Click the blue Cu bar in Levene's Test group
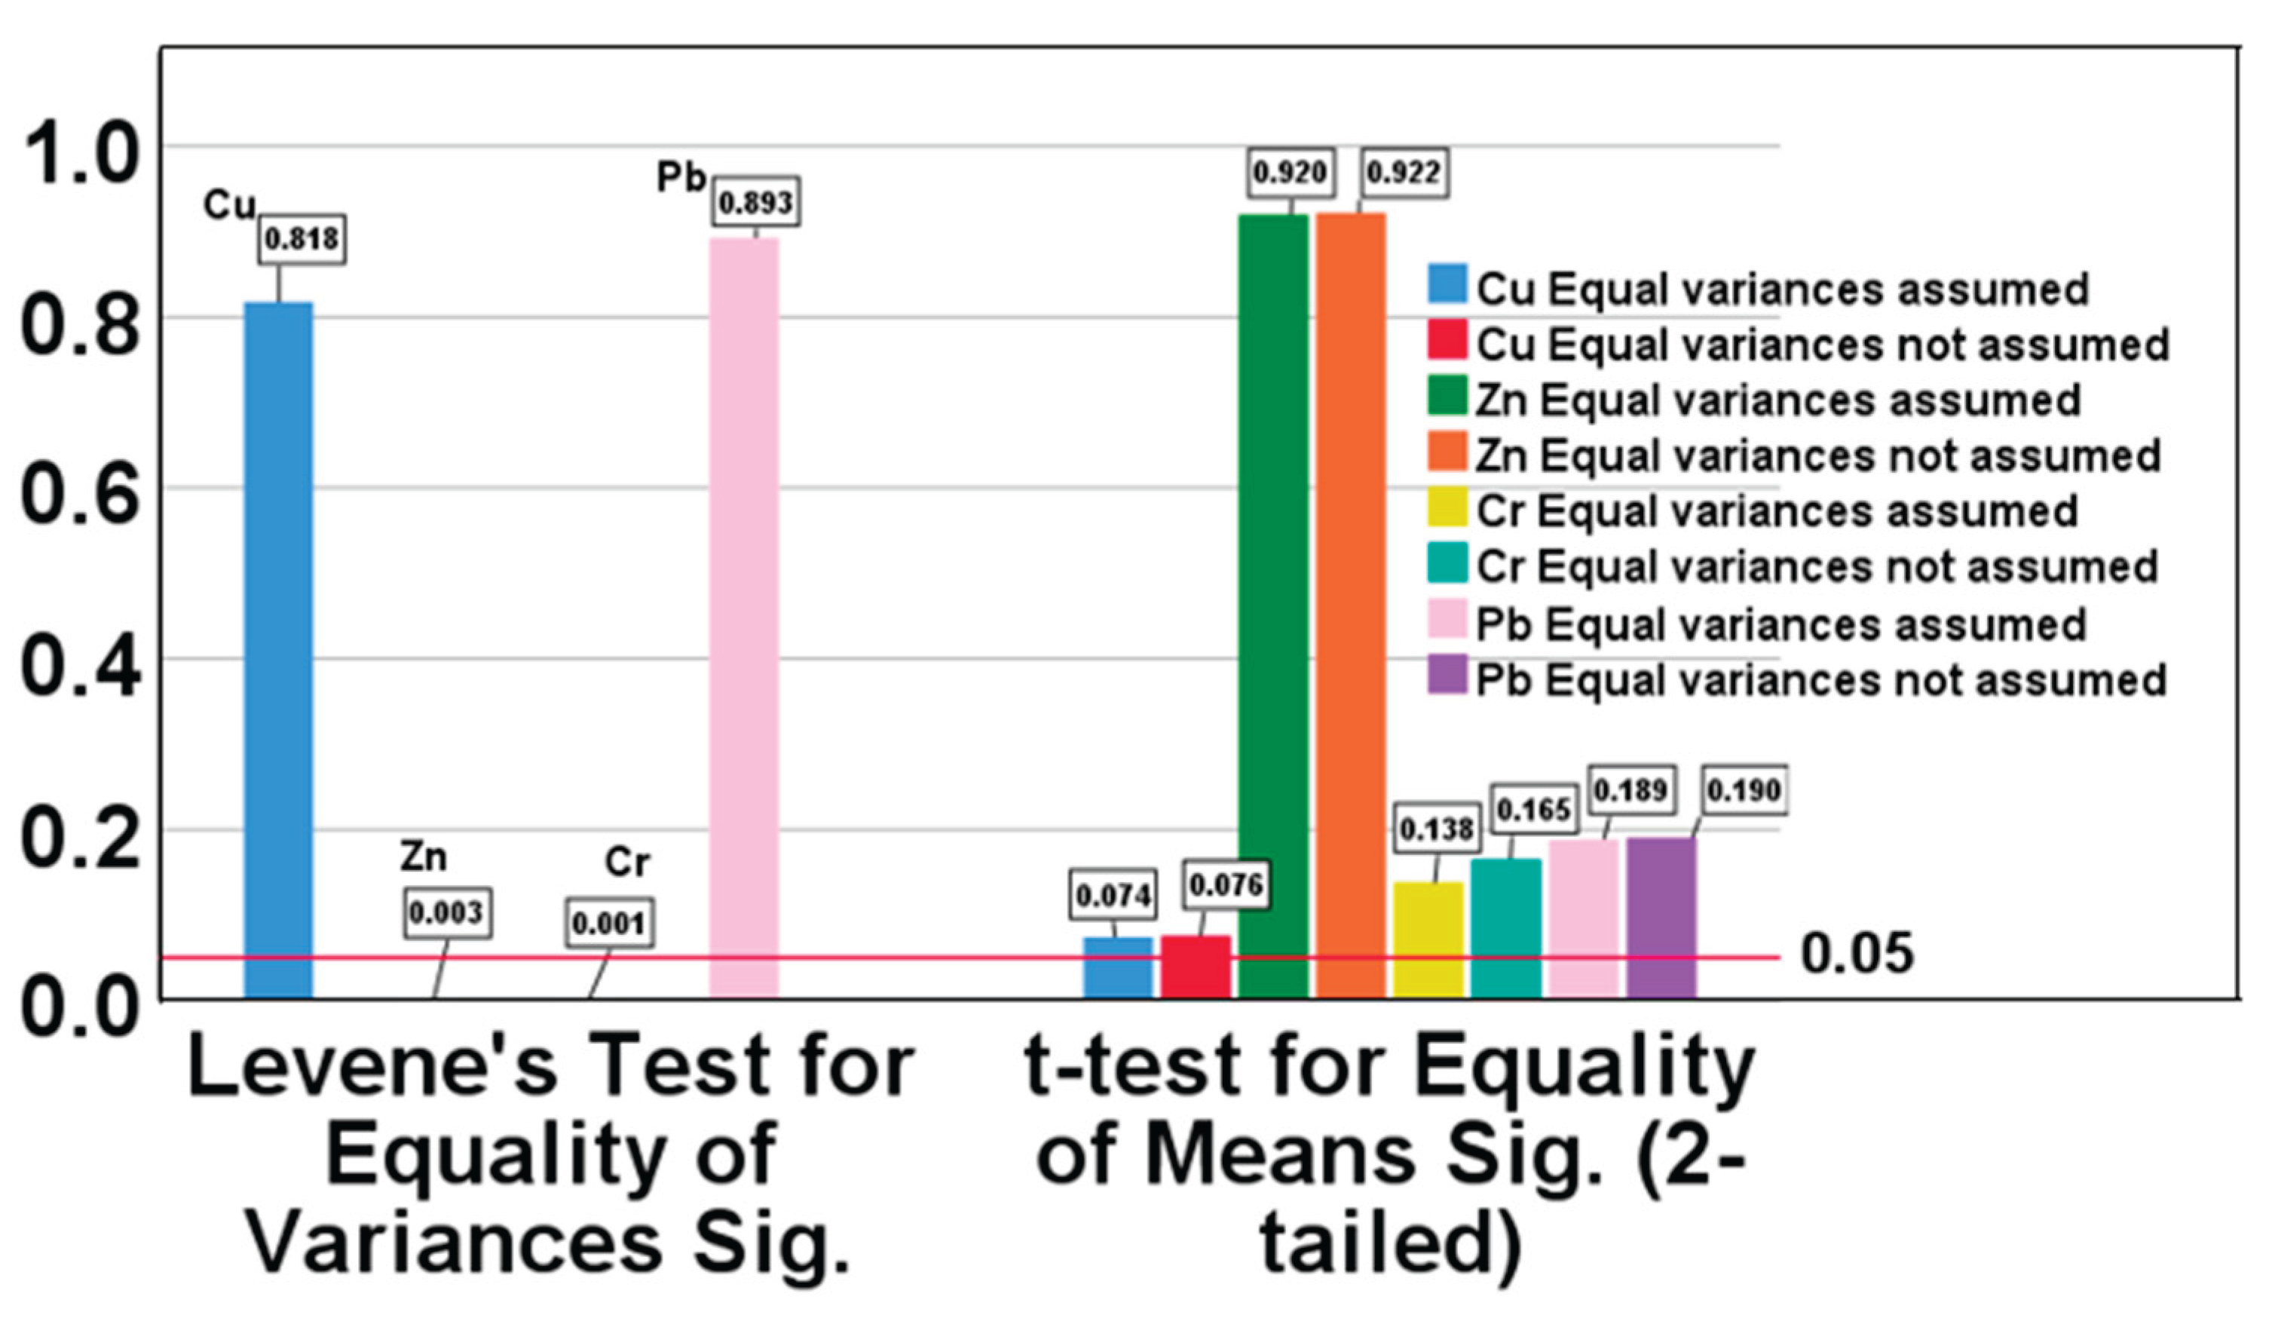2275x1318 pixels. tap(278, 650)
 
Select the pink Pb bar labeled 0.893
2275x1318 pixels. tap(744, 618)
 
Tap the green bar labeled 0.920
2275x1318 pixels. tap(1273, 605)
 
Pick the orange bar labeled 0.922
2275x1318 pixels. tap(1351, 605)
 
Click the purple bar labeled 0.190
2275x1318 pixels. tap(1661, 918)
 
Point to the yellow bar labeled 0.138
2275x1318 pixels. tap(1428, 941)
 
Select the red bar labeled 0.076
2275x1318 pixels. tap(1196, 967)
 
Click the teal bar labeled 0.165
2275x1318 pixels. tap(1506, 929)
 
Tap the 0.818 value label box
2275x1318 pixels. tap(302, 239)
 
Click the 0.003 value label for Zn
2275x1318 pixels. tap(447, 914)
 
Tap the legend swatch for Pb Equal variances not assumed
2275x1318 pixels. tap(1447, 676)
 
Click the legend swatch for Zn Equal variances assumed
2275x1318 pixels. tap(1447, 398)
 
